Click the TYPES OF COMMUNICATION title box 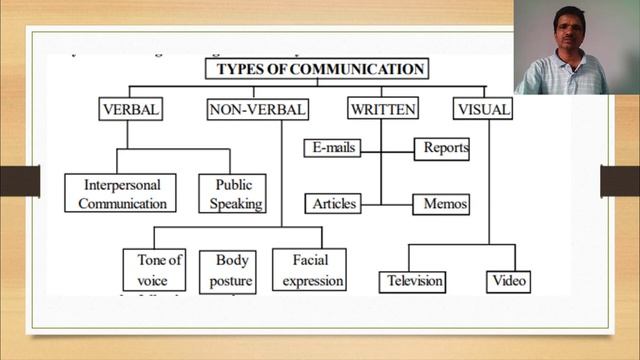point(317,69)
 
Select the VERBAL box point(130,109)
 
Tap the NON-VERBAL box point(257,109)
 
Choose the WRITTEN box point(382,109)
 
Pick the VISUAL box point(482,109)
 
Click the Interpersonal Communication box point(120,194)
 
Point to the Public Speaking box point(231,194)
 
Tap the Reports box point(441,147)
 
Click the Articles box point(334,203)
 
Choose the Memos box point(440,203)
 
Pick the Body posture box point(231,270)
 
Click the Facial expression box point(309,270)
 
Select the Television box point(414,281)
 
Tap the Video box point(508,281)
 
